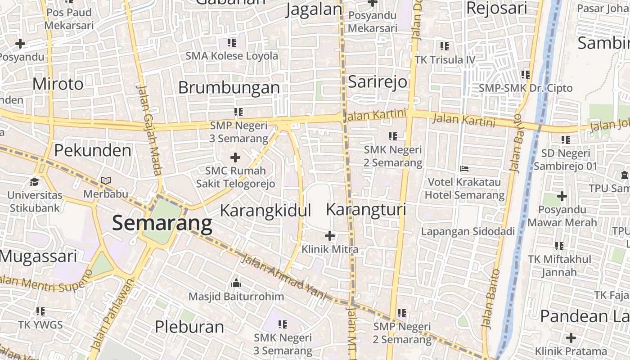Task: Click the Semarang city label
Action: (162, 223)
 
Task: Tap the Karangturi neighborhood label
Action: (366, 210)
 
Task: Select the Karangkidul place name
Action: (265, 211)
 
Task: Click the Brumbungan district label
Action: (229, 88)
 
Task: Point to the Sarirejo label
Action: (378, 82)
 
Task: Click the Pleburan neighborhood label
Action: (189, 326)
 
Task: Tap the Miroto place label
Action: (58, 84)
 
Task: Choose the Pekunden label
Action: (93, 150)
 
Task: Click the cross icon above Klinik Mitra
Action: (330, 235)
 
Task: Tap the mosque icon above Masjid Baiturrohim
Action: (236, 283)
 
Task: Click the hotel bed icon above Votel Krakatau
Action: (465, 169)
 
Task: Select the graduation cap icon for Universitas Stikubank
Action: (34, 182)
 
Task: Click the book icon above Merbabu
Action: (106, 180)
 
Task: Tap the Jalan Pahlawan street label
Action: (112, 315)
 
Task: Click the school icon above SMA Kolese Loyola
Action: (232, 43)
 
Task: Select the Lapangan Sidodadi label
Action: (468, 231)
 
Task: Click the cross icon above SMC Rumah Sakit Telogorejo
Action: (235, 157)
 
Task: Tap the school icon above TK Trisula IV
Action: (445, 46)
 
